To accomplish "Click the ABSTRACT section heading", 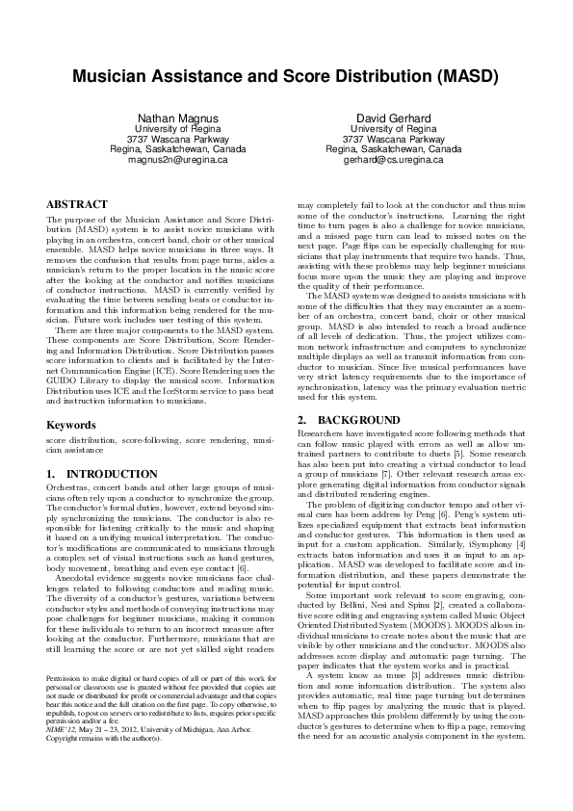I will tap(77, 205).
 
